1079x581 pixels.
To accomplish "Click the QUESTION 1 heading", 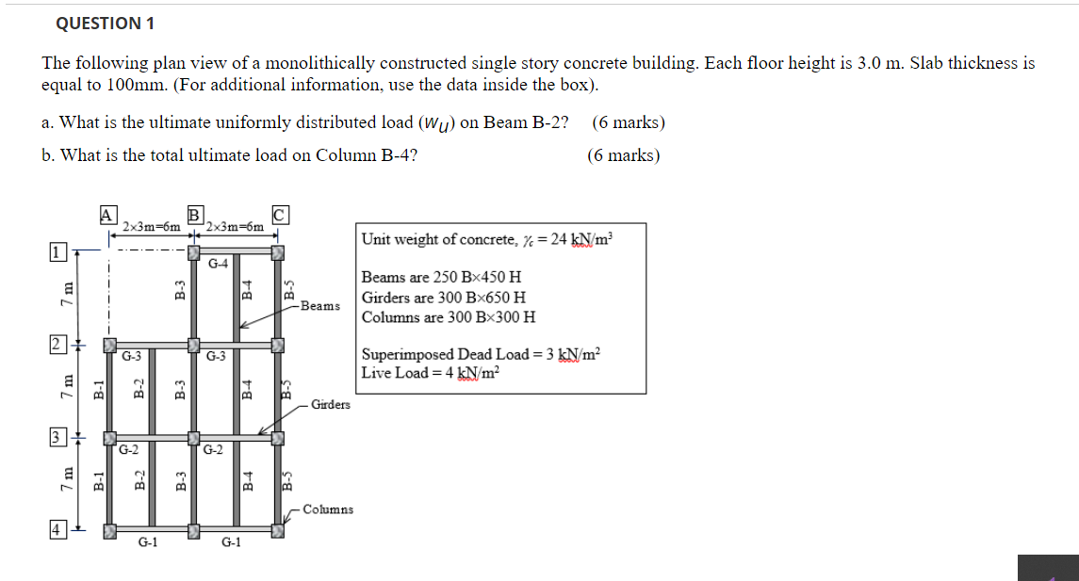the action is coord(104,24).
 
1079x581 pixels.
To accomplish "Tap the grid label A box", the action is coord(108,214).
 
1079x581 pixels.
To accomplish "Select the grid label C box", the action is coord(280,214).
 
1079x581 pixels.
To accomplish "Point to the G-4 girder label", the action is coord(218,263).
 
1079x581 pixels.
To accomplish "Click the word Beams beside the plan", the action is coord(321,306).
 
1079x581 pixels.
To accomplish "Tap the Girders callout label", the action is coord(330,405).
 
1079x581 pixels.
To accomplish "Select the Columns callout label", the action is coord(329,509).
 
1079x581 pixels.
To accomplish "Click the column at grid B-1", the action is coord(193,251).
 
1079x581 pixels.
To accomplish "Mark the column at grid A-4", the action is coord(109,533).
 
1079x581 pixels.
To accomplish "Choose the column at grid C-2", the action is coord(278,344).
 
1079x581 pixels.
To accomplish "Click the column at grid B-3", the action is coord(193,438).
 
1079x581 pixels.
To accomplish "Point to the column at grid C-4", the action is coord(278,532).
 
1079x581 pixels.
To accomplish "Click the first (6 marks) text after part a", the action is coord(629,122).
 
